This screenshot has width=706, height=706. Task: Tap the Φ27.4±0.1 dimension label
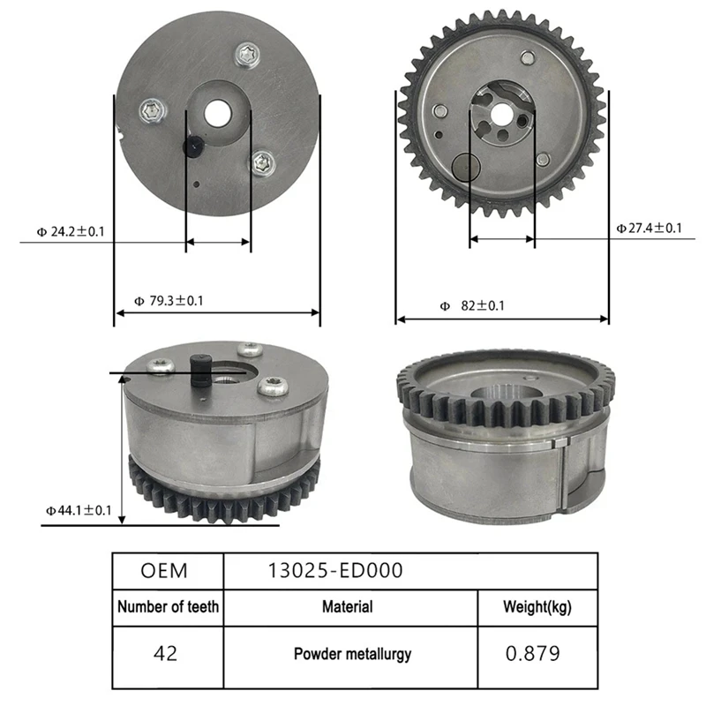point(649,228)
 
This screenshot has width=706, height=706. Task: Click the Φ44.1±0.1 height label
point(79,510)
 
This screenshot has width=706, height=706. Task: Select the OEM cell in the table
point(164,570)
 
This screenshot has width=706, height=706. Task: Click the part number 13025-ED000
point(335,570)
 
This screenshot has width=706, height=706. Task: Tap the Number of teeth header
point(168,607)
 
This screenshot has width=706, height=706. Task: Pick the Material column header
point(347,607)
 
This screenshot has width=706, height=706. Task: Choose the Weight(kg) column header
point(537,607)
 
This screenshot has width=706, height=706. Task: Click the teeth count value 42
point(165,654)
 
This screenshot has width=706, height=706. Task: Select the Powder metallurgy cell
point(352,655)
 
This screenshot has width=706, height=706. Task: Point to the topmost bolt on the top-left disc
point(248,56)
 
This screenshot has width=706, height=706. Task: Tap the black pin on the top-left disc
point(190,146)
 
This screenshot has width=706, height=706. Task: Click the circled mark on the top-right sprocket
point(465,166)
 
